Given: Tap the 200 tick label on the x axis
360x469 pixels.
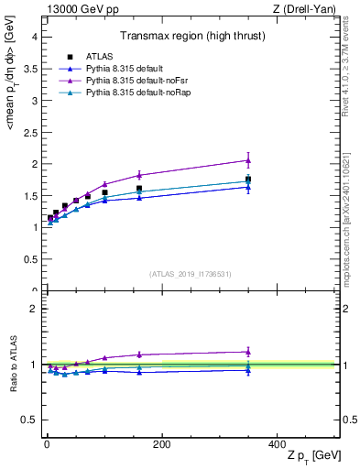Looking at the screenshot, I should point(161,444).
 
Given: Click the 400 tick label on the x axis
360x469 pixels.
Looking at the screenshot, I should point(277,444).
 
